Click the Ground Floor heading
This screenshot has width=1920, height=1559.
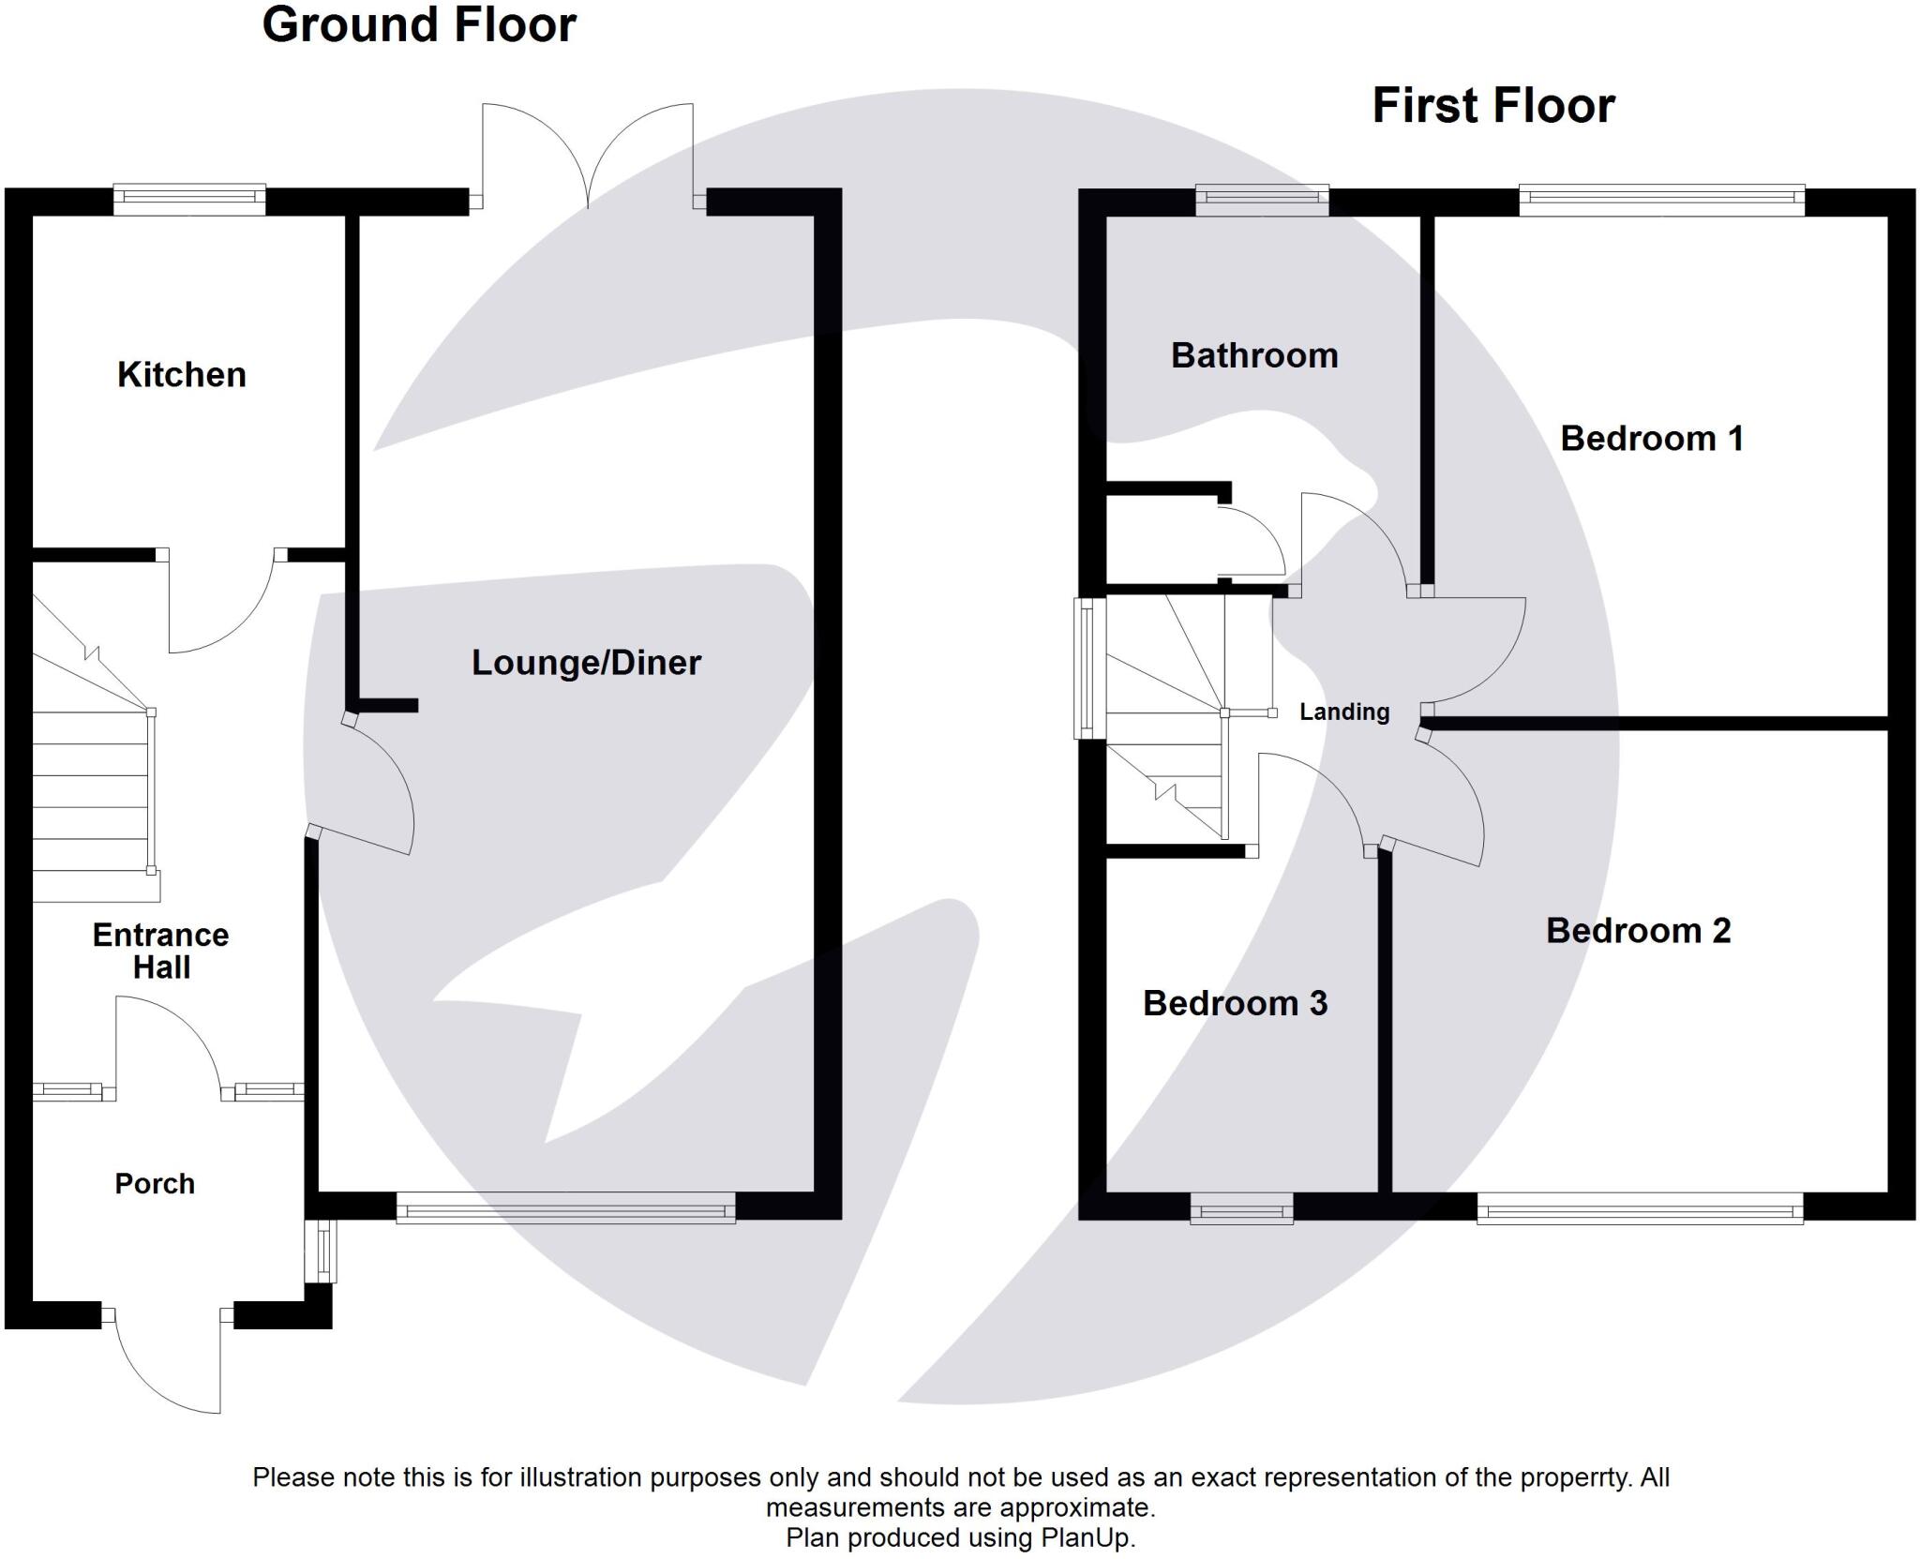pyautogui.click(x=418, y=25)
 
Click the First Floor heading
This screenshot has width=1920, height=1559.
pyautogui.click(x=1492, y=106)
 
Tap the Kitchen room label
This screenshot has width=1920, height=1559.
pyautogui.click(x=181, y=375)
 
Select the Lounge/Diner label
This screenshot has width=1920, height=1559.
pyautogui.click(x=586, y=663)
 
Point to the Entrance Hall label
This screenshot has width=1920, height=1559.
pyautogui.click(x=160, y=951)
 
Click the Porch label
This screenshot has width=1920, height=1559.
pyautogui.click(x=155, y=1184)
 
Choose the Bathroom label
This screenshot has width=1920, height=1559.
pyautogui.click(x=1254, y=356)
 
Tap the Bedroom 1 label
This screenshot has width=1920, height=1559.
pyautogui.click(x=1651, y=439)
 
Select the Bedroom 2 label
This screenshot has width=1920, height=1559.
pyautogui.click(x=1638, y=931)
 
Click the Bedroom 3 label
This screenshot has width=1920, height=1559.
pyautogui.click(x=1235, y=1004)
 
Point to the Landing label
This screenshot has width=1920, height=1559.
pyautogui.click(x=1343, y=712)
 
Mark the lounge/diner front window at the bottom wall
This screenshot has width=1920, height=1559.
pyautogui.click(x=565, y=1208)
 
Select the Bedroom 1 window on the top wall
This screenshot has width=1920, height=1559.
pyautogui.click(x=1661, y=200)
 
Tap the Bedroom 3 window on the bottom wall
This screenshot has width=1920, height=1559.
pyautogui.click(x=1241, y=1209)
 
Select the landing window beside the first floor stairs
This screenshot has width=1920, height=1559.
pyautogui.click(x=1088, y=668)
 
